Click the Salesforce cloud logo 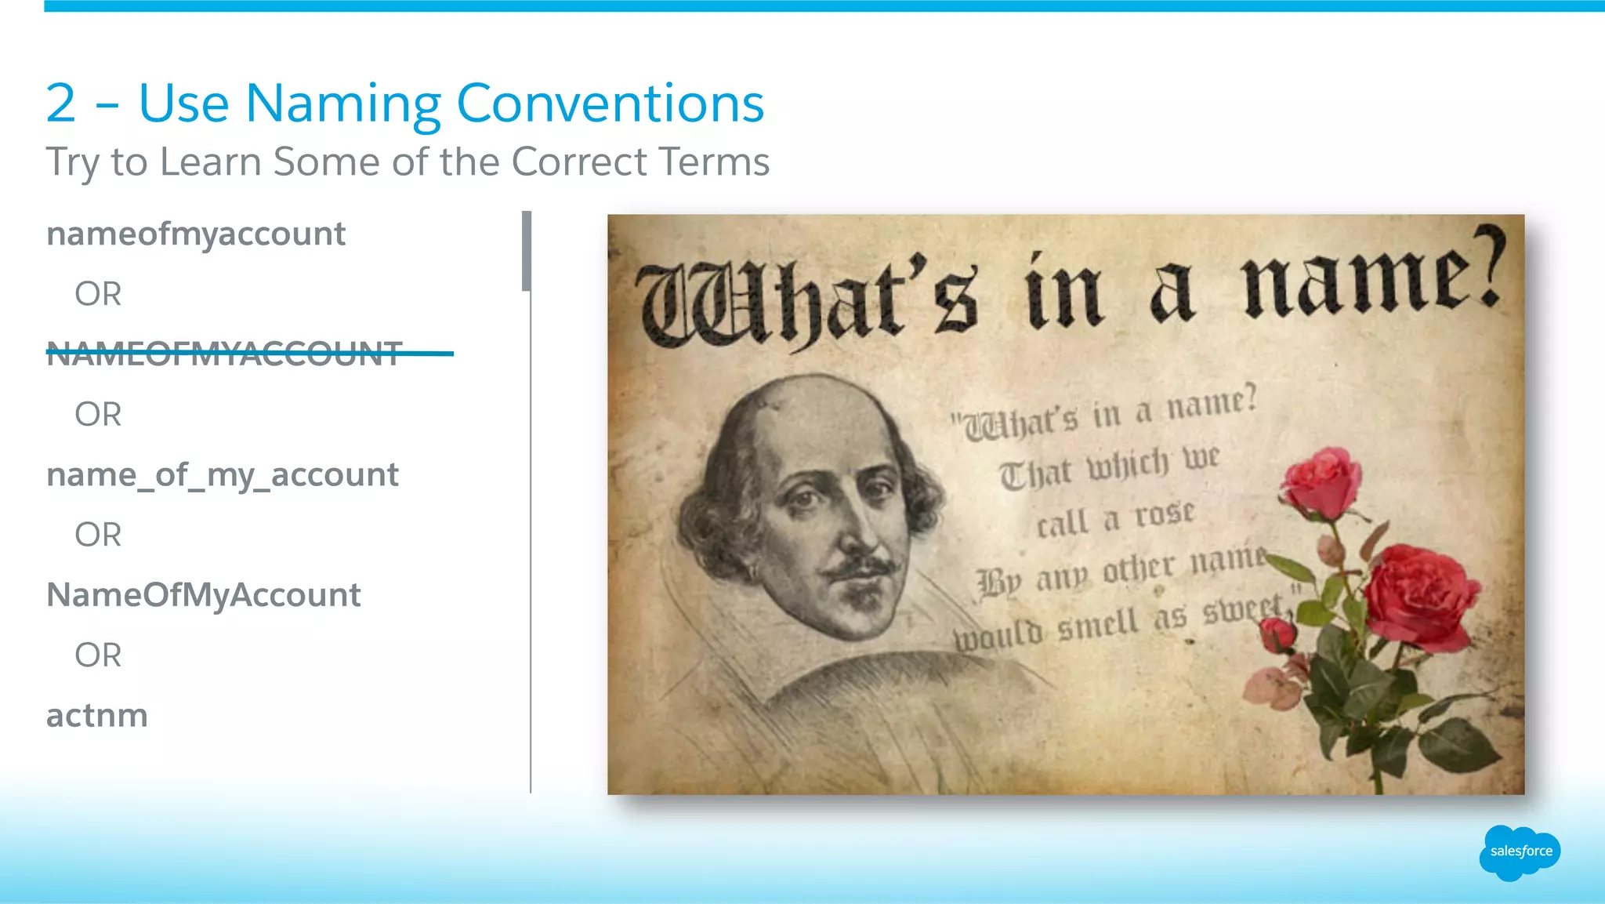[1519, 852]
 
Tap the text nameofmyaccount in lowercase [196, 234]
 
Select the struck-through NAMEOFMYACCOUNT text [225, 354]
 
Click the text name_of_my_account [223, 475]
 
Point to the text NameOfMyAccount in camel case [204, 595]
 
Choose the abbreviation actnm [97, 716]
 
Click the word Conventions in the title [610, 103]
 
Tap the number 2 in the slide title [61, 103]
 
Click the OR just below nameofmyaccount [98, 295]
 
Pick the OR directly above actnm [98, 655]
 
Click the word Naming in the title [343, 103]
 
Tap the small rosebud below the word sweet [1277, 634]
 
